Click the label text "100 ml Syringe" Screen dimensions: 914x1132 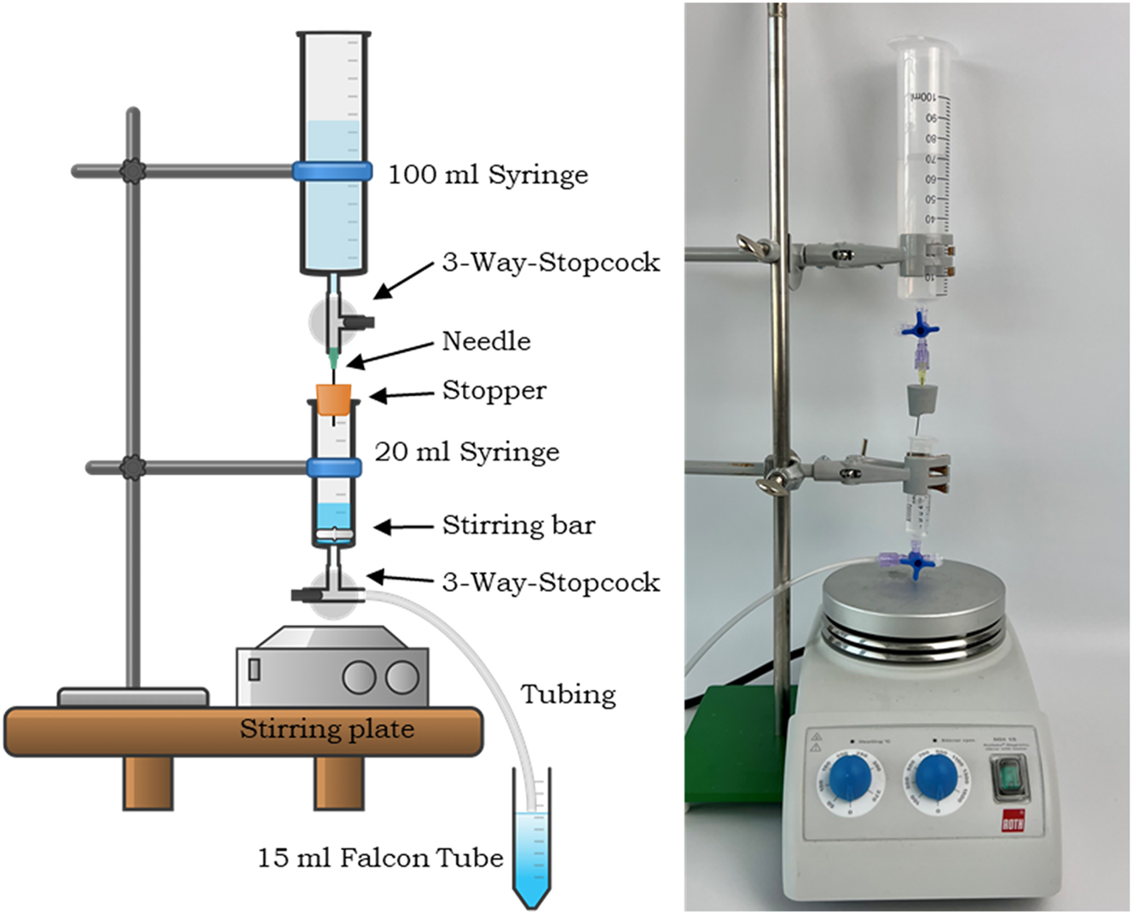pyautogui.click(x=488, y=175)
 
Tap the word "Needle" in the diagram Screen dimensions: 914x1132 pyautogui.click(x=486, y=341)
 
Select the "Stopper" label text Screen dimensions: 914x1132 pyautogui.click(x=494, y=390)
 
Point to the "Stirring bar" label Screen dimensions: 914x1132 pyautogui.click(x=517, y=525)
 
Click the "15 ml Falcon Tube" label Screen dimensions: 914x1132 pyautogui.click(x=380, y=857)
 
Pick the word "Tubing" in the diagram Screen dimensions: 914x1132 pyautogui.click(x=568, y=694)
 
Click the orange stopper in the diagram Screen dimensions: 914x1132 pyautogui.click(x=334, y=399)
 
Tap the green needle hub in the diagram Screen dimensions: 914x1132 pyautogui.click(x=333, y=355)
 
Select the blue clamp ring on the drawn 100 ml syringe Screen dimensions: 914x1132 pyautogui.click(x=332, y=170)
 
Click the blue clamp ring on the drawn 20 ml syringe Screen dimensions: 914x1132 pyautogui.click(x=333, y=466)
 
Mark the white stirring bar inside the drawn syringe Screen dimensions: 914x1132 pyautogui.click(x=333, y=535)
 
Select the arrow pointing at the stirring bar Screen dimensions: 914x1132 pyautogui.click(x=405, y=528)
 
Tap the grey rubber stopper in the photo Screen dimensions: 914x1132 pyautogui.click(x=920, y=399)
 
